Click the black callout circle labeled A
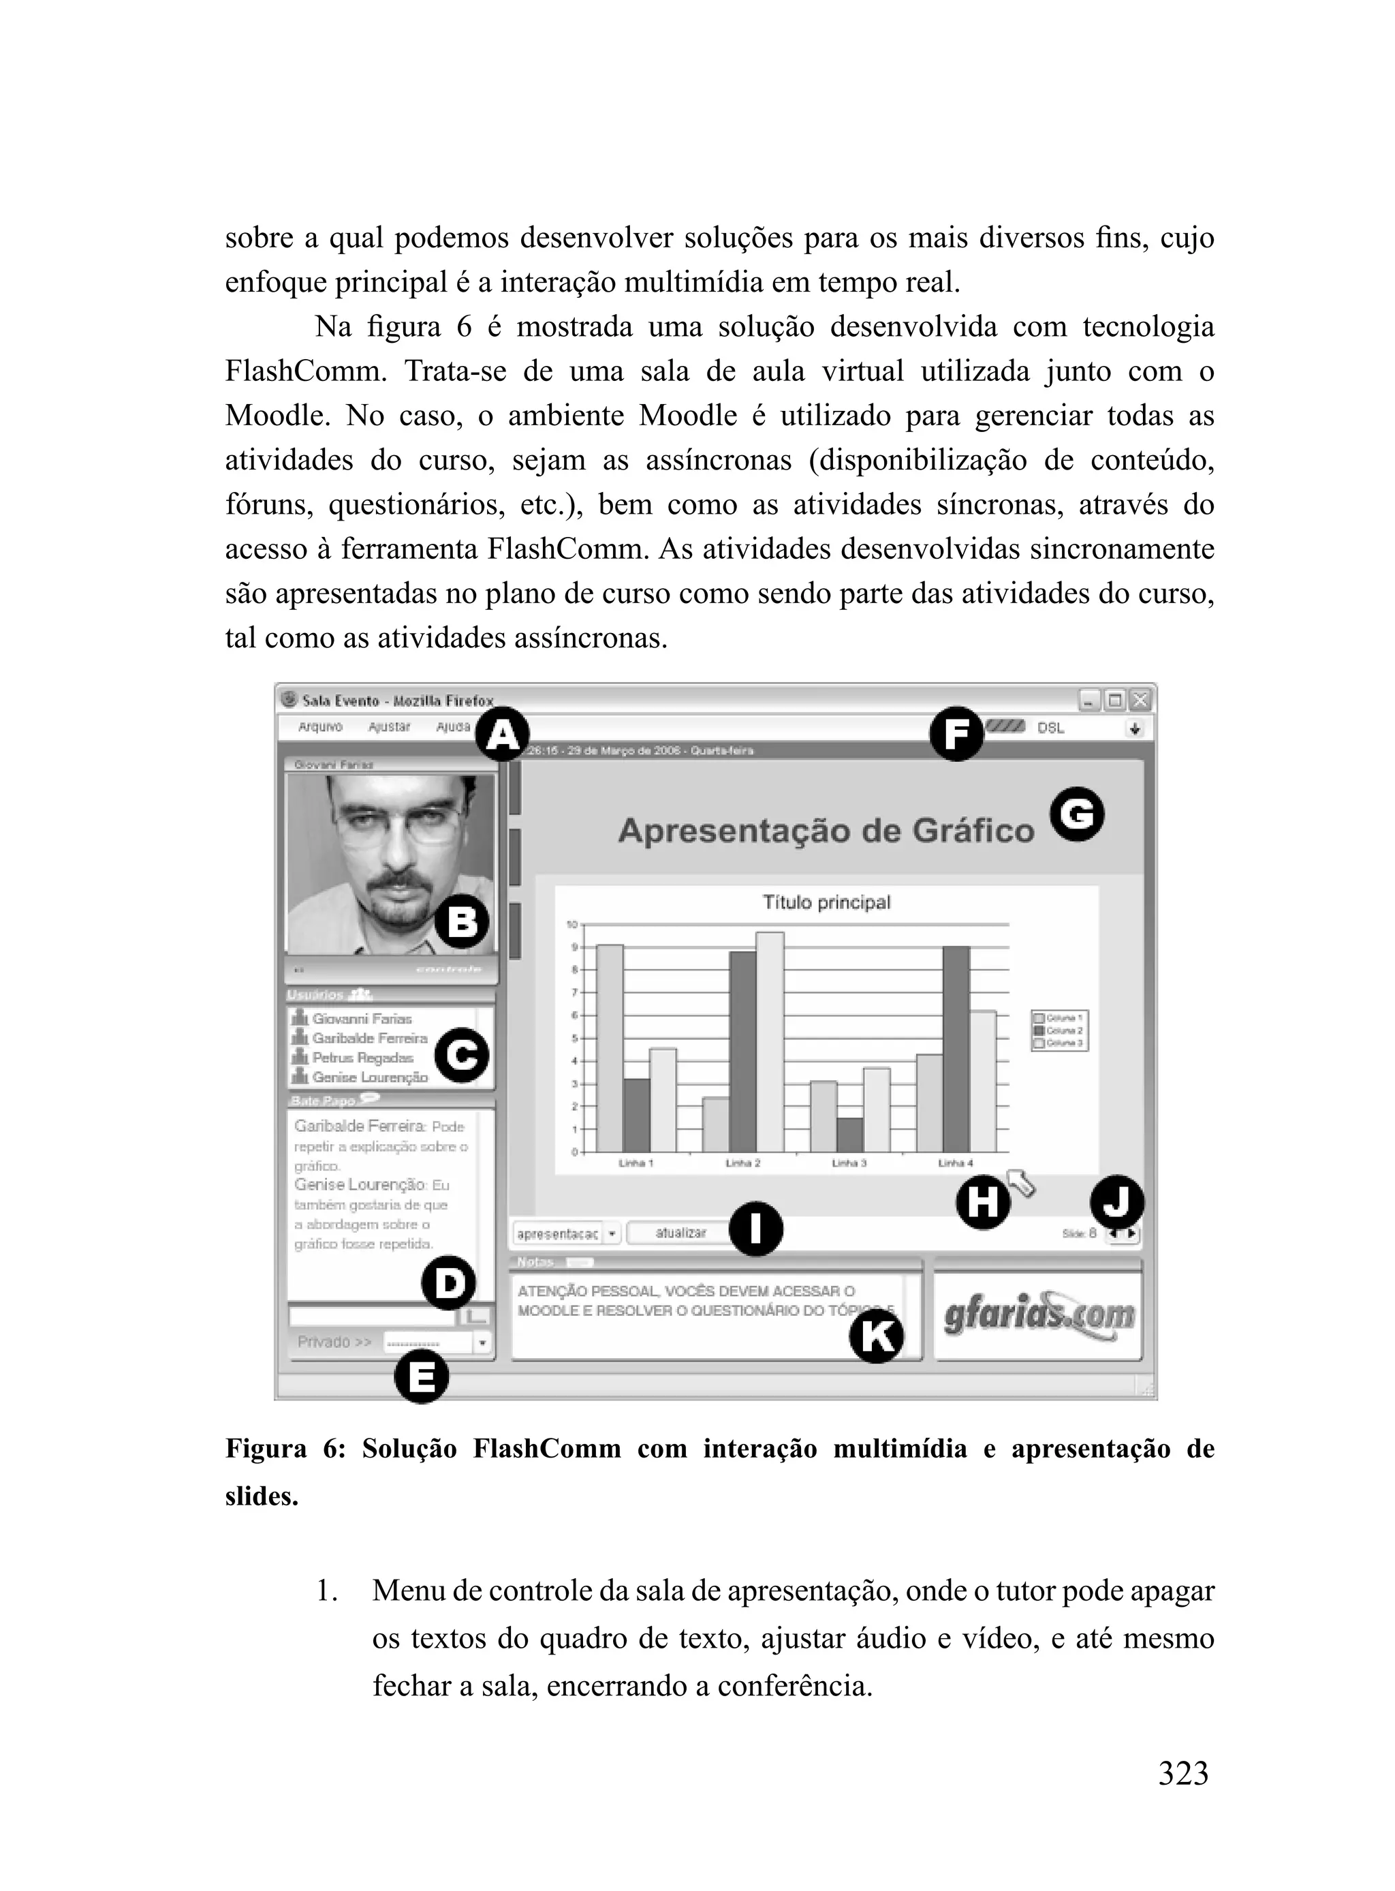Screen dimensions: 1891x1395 tap(503, 735)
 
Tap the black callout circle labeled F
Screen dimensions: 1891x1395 tap(956, 734)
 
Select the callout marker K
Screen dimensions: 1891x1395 tap(877, 1337)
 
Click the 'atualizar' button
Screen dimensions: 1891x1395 tap(680, 1233)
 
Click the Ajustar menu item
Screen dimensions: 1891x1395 tap(390, 727)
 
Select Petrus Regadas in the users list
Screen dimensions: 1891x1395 tap(362, 1058)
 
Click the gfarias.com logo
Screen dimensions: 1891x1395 tap(1039, 1316)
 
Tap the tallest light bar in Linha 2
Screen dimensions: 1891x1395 tap(770, 1041)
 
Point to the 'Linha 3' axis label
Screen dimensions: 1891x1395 tap(849, 1163)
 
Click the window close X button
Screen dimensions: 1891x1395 tap(1140, 700)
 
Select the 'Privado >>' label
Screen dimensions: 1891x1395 tap(334, 1341)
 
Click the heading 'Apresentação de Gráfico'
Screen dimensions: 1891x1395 tap(826, 831)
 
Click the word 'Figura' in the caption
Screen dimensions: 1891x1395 tap(265, 1449)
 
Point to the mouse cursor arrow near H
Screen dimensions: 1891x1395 tap(1021, 1182)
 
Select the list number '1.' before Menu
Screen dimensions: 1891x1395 tap(327, 1591)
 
